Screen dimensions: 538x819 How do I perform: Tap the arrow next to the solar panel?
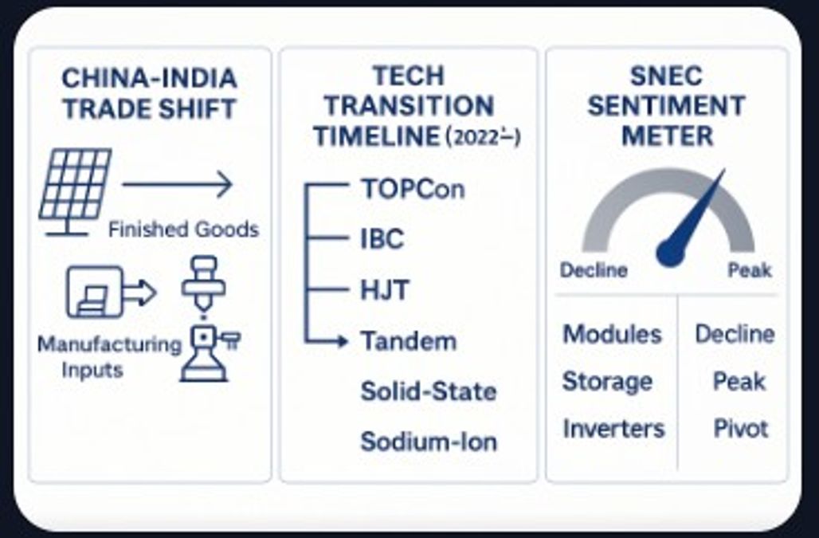tap(177, 185)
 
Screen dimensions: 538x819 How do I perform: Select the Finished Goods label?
tap(183, 230)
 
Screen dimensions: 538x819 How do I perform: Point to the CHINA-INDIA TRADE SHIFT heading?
tap(150, 93)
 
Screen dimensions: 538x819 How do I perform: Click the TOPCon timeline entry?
tap(412, 190)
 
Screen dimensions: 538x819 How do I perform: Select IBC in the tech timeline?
tap(382, 238)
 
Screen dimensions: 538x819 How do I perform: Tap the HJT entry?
tap(385, 290)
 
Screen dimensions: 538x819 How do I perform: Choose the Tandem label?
tap(409, 341)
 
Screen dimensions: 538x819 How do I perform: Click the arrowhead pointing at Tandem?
tap(342, 341)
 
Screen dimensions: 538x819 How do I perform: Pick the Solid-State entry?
tap(429, 391)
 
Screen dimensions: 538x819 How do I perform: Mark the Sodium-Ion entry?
tap(429, 441)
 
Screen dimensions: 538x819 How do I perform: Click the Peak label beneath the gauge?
tap(750, 270)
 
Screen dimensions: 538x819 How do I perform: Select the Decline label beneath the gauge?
tap(593, 270)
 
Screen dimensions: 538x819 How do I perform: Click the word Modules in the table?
tap(612, 334)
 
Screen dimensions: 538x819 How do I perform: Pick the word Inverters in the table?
tap(613, 429)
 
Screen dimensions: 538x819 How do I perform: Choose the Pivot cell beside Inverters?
tap(741, 429)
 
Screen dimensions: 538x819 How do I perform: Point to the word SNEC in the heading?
tap(666, 76)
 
